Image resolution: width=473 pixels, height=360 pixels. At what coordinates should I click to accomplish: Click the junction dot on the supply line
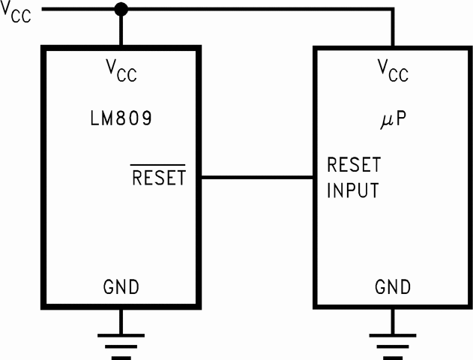(121, 10)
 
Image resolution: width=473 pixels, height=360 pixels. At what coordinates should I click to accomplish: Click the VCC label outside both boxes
(16, 13)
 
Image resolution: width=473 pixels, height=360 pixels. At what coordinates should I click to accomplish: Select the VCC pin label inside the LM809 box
(121, 72)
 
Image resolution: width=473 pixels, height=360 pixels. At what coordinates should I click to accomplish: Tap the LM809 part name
(121, 118)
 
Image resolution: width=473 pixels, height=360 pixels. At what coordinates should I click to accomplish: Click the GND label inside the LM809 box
(121, 286)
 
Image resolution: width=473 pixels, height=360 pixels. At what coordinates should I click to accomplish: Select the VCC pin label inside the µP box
(392, 72)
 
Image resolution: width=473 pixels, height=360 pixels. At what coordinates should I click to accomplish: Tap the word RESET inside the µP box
(353, 165)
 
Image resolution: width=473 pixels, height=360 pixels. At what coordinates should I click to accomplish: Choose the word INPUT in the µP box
(352, 190)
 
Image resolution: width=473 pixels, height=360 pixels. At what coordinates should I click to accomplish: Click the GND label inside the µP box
(392, 286)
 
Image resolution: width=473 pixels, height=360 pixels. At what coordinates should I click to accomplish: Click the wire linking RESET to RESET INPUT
(257, 178)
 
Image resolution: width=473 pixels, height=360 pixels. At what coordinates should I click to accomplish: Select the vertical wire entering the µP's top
(392, 28)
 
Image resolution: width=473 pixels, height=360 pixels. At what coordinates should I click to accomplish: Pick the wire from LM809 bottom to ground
(121, 319)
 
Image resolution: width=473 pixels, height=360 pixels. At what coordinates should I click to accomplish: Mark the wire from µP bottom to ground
(392, 319)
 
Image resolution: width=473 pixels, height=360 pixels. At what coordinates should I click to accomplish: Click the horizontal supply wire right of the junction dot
(255, 10)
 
